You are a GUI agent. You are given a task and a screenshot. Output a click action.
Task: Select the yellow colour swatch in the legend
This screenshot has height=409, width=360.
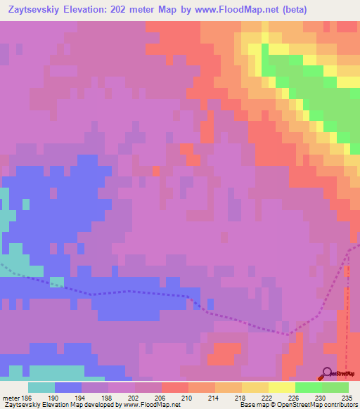282,387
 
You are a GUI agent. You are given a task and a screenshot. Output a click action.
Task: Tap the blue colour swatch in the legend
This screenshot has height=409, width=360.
68,387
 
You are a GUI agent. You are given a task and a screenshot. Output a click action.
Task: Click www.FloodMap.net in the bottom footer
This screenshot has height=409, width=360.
149,405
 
